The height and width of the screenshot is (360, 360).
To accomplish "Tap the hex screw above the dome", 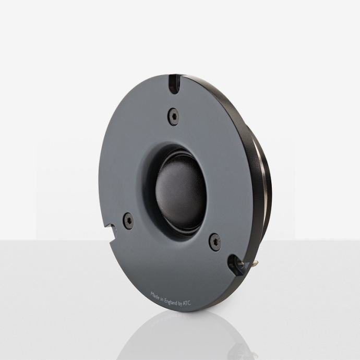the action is click(x=174, y=116).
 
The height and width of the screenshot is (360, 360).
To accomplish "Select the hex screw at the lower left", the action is click(x=128, y=221).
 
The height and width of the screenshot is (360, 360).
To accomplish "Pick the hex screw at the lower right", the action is click(x=215, y=242).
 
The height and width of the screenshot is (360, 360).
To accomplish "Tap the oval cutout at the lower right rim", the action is click(x=235, y=265).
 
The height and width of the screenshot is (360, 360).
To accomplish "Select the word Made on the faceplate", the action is click(x=155, y=295).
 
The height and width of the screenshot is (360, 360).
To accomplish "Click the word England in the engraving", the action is click(x=171, y=302).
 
